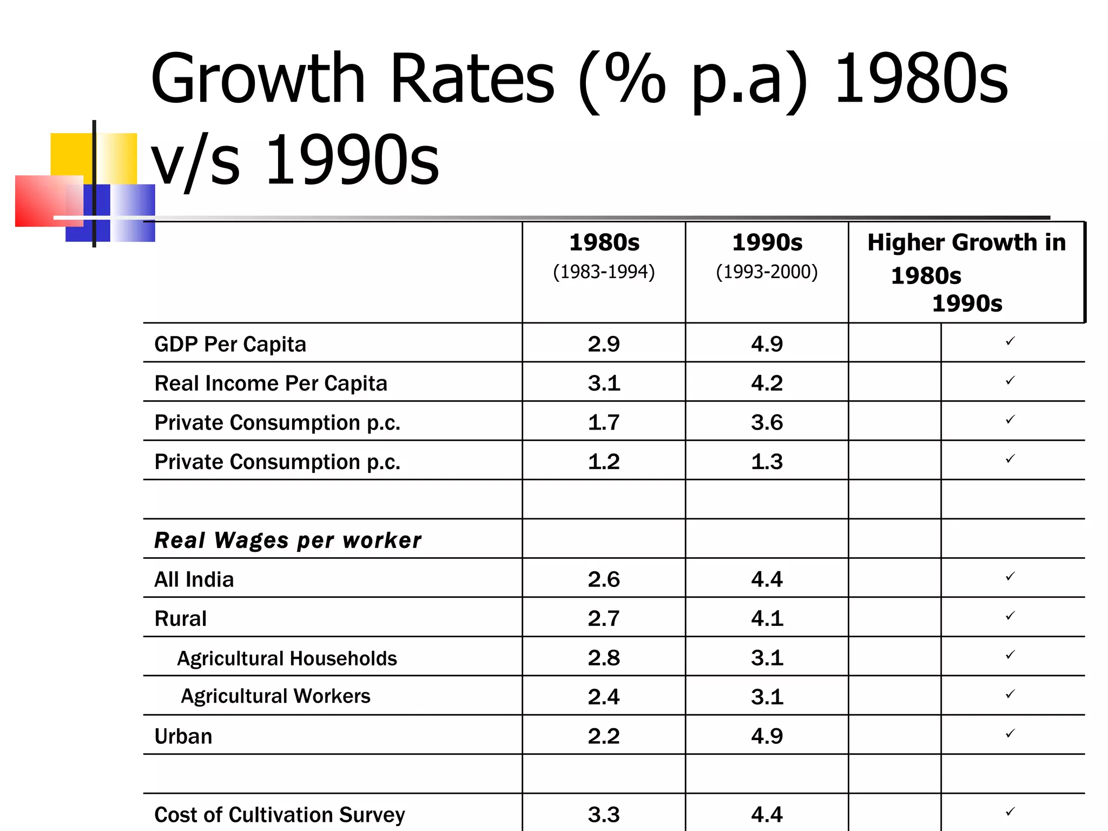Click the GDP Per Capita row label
pos(230,344)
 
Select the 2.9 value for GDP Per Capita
pos(603,344)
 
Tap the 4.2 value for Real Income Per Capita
pos(767,383)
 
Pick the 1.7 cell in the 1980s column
pos(603,423)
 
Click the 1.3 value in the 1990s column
pos(767,461)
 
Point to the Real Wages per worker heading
pos(287,540)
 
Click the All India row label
pos(194,579)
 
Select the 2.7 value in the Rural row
pos(603,618)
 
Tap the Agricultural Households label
pos(287,658)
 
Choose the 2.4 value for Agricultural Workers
pos(603,697)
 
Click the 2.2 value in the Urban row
pos(603,736)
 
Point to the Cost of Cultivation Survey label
pos(279,815)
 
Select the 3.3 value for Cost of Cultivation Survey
pos(603,815)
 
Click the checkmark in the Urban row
pos(1010,734)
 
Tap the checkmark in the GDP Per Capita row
pos(1010,341)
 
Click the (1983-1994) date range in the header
pos(604,272)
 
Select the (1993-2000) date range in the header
pos(767,272)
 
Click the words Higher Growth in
pos(966,242)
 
